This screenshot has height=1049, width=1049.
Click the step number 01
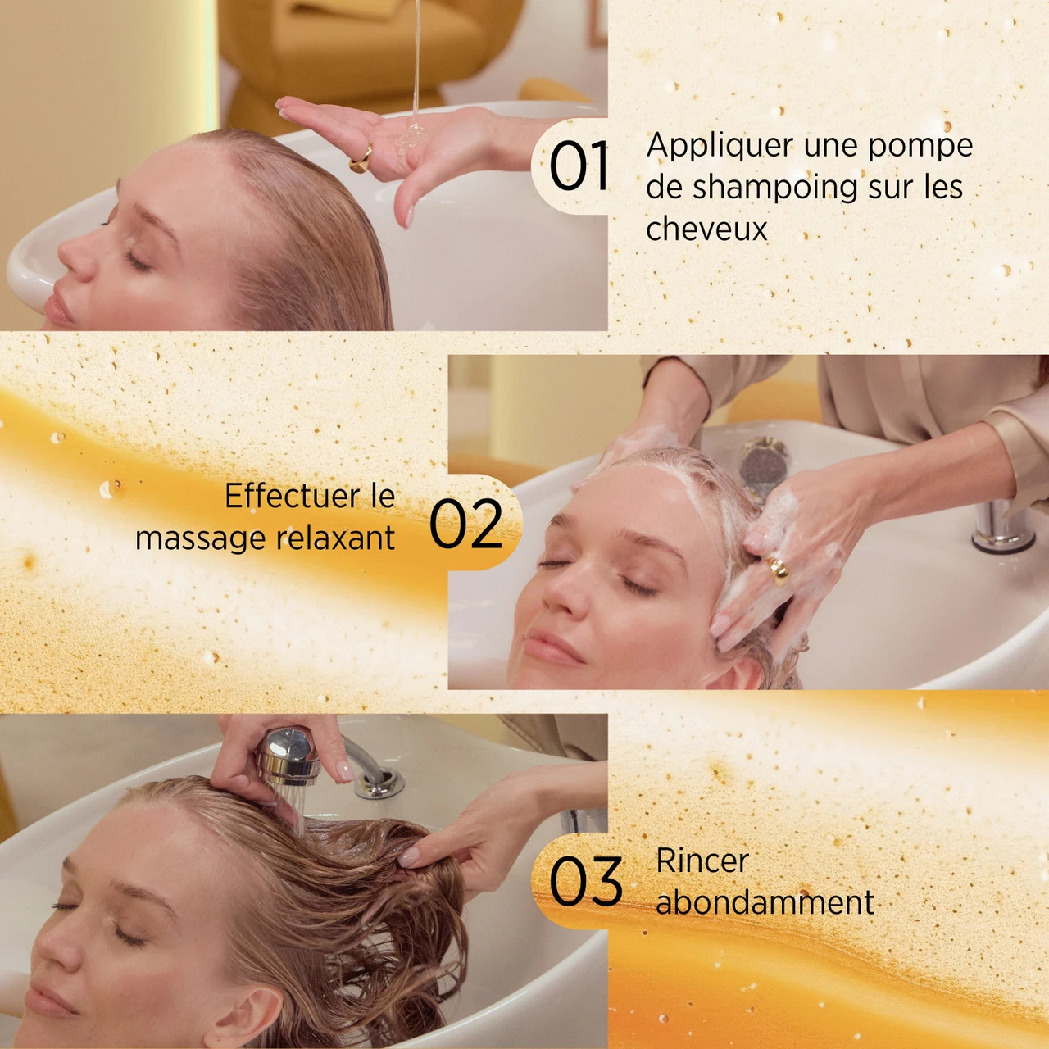(579, 166)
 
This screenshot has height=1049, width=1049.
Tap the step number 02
(465, 524)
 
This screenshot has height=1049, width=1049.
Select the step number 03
(585, 882)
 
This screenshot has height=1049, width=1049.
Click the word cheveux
(706, 229)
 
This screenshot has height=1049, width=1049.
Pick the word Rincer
(702, 861)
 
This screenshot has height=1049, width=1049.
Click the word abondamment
(765, 903)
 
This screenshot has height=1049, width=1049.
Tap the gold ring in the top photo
(361, 158)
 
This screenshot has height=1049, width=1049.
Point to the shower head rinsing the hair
(288, 758)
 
